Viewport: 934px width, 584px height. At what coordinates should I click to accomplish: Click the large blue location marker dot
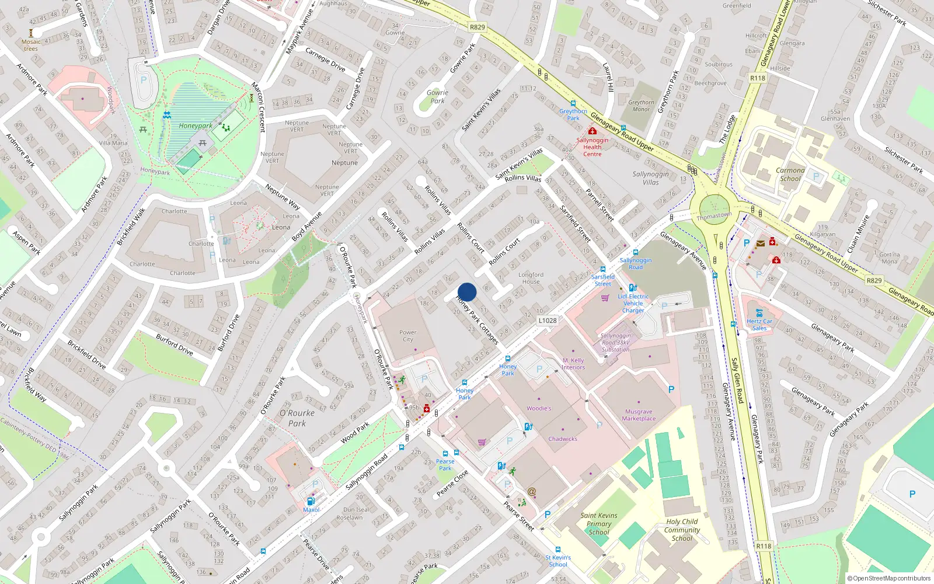coord(467,292)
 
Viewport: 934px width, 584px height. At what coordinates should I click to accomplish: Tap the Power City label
coord(407,336)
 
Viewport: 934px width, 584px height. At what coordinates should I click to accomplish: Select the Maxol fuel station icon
coord(311,500)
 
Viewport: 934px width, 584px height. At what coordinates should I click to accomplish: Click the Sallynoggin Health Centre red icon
coord(592,131)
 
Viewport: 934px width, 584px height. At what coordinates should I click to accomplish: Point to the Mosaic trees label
coord(31,45)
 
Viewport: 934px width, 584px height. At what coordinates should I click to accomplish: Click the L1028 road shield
coord(548,321)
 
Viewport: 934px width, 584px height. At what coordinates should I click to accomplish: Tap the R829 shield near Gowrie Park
coord(477,27)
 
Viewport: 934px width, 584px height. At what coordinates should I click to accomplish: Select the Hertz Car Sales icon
coord(759,312)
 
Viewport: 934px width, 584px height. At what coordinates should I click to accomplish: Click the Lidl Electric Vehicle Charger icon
coord(632,287)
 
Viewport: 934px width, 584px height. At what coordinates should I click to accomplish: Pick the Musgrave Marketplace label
coord(639,415)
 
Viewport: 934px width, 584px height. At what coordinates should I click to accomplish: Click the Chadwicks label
coord(563,439)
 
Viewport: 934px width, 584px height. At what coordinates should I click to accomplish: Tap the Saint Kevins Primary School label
coord(599,524)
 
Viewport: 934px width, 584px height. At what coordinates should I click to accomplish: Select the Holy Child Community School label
coord(682,530)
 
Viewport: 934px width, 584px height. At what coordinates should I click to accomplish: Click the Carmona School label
coord(790,175)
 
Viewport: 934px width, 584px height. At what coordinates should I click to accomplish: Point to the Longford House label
coord(531,278)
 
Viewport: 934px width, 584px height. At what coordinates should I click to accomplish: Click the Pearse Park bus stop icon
coord(445,454)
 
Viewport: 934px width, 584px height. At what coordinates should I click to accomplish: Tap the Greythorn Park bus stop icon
coord(573,103)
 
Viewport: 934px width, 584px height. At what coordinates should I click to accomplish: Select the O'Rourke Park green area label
coord(297,418)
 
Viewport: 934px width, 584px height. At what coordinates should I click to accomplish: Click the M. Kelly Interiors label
coord(573,364)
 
